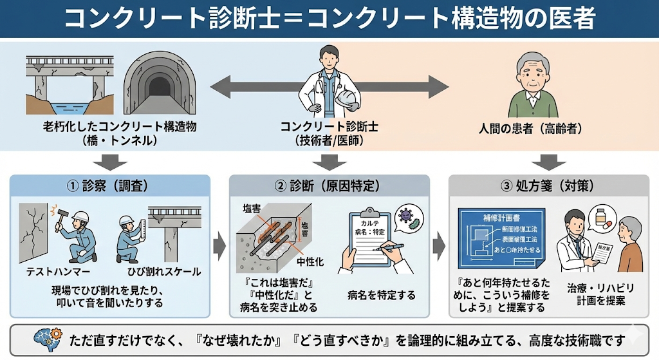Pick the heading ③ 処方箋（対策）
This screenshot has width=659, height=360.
pyautogui.click(x=548, y=187)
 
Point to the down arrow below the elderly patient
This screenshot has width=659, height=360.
pyautogui.click(x=548, y=161)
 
